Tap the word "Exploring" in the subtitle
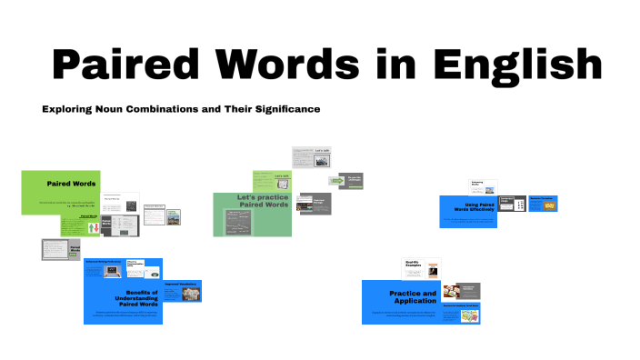(69, 109)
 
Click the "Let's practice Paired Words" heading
(263, 201)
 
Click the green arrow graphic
(335, 181)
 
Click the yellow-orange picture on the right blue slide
(549, 205)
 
